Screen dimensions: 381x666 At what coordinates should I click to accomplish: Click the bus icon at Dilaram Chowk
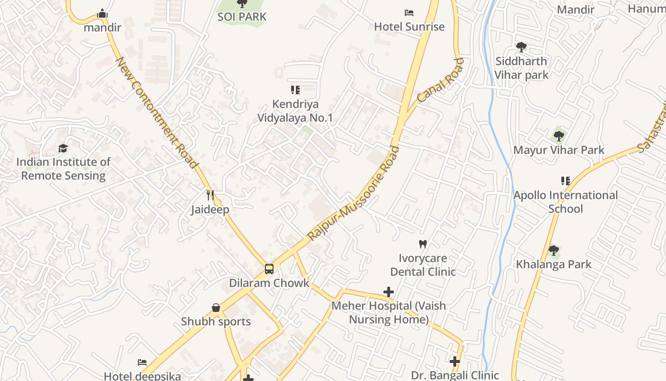(269, 269)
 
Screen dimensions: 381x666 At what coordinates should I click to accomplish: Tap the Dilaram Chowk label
(269, 283)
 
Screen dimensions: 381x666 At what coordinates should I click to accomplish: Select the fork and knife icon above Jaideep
(210, 195)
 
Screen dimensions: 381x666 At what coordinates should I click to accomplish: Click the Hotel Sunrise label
(409, 27)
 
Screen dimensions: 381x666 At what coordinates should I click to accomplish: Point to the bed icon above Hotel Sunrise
(409, 12)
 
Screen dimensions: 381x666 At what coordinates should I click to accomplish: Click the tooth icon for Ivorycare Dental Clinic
(422, 244)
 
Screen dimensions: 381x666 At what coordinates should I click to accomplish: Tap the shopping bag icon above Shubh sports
(216, 308)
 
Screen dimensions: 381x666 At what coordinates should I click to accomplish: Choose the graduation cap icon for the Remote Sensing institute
(63, 148)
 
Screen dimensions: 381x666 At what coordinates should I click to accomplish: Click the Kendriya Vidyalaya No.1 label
(295, 110)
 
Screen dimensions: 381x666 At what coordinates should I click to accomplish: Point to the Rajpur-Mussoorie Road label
(353, 193)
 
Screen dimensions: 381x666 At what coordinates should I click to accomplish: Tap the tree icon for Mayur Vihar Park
(559, 136)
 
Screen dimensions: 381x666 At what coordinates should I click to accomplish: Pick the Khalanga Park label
(554, 264)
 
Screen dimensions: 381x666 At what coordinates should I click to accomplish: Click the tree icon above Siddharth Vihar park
(521, 47)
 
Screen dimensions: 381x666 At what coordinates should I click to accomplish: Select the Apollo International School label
(566, 202)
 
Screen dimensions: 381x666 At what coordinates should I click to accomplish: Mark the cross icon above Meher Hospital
(389, 291)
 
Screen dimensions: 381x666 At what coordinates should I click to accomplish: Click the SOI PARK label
(242, 17)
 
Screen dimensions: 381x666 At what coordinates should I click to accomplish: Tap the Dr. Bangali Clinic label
(455, 375)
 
